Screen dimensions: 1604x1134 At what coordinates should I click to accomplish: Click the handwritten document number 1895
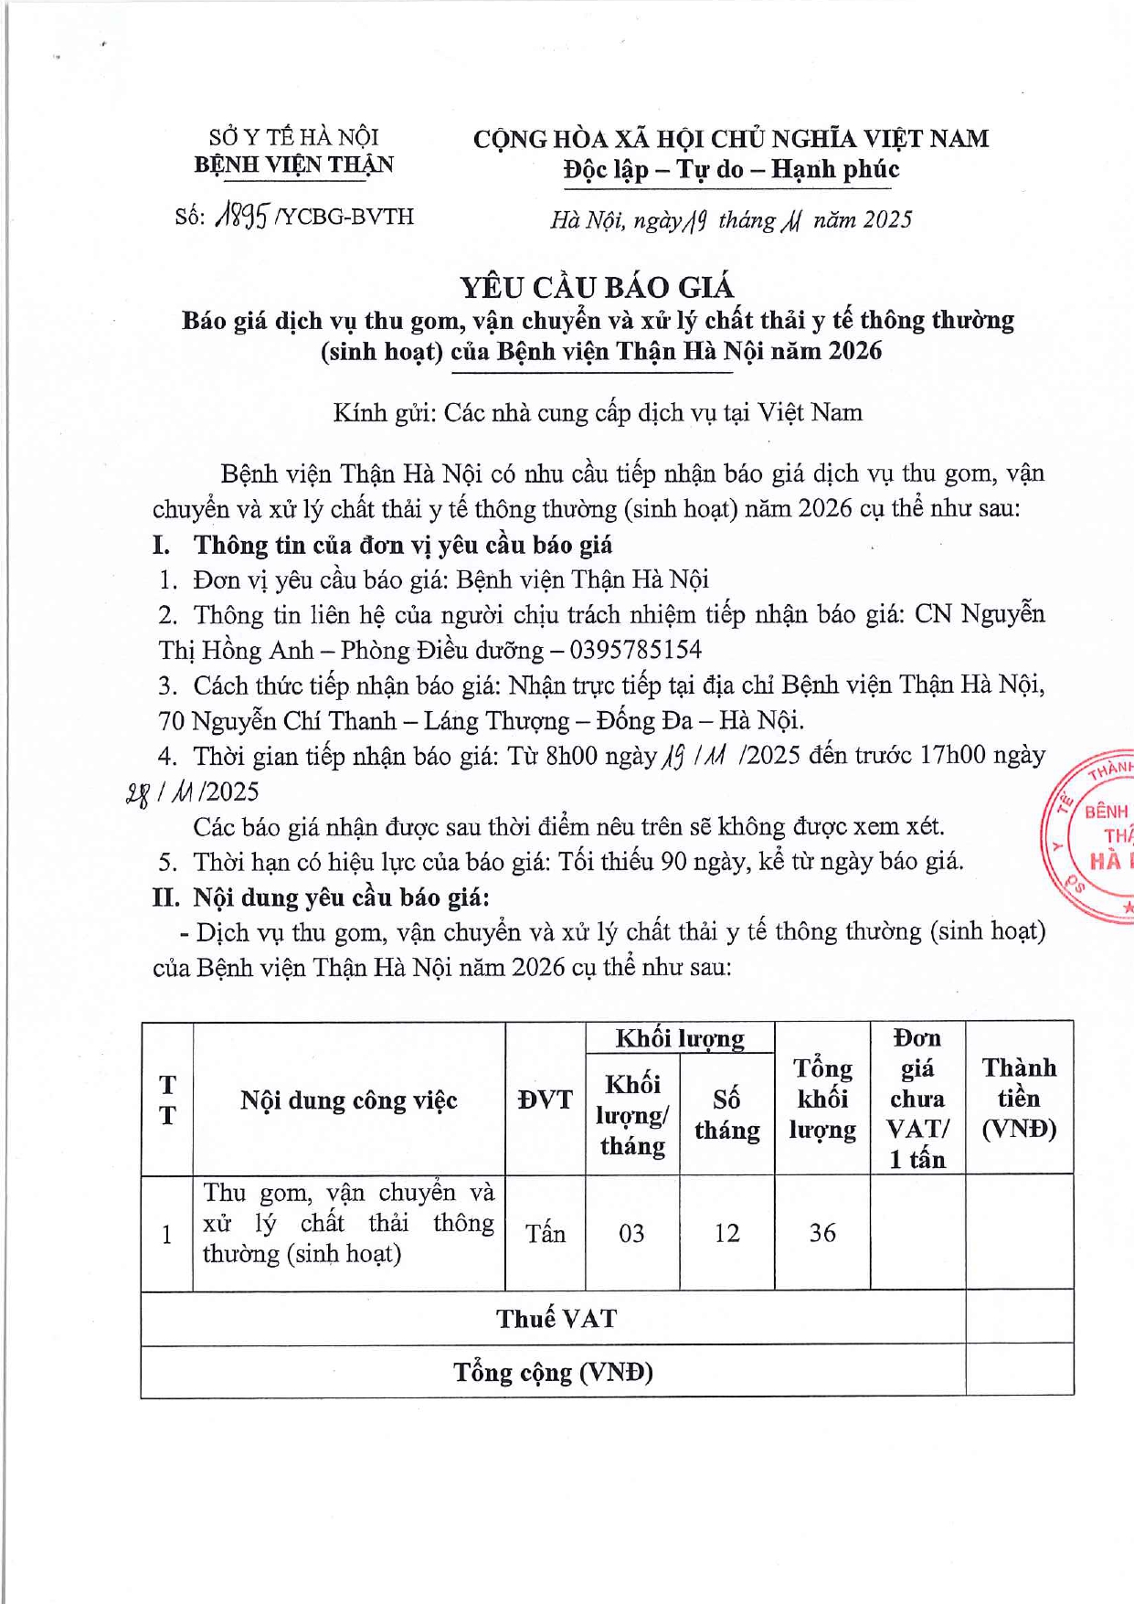pyautogui.click(x=241, y=217)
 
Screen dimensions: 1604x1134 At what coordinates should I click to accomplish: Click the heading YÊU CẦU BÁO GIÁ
pyautogui.click(x=597, y=288)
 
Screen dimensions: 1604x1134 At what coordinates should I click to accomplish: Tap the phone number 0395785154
pyautogui.click(x=636, y=650)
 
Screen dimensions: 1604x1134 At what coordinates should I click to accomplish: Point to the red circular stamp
pyautogui.click(x=1092, y=834)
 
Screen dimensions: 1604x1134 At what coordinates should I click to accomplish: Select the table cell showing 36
pyautogui.click(x=822, y=1233)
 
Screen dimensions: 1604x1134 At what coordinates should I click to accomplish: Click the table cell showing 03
pyautogui.click(x=631, y=1234)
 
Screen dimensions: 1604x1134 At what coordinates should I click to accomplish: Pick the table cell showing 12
pyautogui.click(x=726, y=1234)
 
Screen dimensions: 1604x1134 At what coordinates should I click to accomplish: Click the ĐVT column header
pyautogui.click(x=545, y=1099)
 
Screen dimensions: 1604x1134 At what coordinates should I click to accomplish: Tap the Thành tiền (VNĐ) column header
pyautogui.click(x=1019, y=1098)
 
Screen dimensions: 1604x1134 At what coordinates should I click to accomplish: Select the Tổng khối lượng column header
pyautogui.click(x=822, y=1099)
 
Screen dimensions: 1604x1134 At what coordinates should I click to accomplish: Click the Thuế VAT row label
pyautogui.click(x=556, y=1318)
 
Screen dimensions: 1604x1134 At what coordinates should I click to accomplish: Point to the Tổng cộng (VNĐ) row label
pyautogui.click(x=554, y=1372)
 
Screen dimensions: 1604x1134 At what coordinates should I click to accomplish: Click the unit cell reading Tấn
pyautogui.click(x=545, y=1234)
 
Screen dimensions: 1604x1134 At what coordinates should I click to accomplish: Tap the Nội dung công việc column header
pyautogui.click(x=348, y=1099)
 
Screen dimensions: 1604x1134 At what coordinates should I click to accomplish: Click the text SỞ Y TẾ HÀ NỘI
pyautogui.click(x=293, y=138)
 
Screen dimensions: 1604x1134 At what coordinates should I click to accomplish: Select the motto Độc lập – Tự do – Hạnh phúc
pyautogui.click(x=731, y=169)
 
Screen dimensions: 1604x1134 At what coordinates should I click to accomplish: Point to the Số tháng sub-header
pyautogui.click(x=726, y=1114)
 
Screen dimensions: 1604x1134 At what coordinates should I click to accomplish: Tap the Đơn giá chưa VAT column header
pyautogui.click(x=917, y=1098)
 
